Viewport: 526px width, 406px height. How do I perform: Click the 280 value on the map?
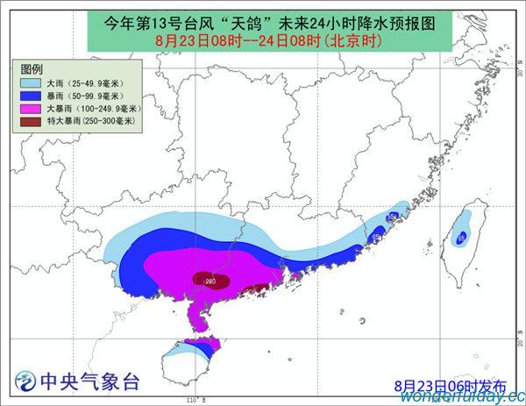point(210,281)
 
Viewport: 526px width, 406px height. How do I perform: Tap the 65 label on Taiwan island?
point(461,237)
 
